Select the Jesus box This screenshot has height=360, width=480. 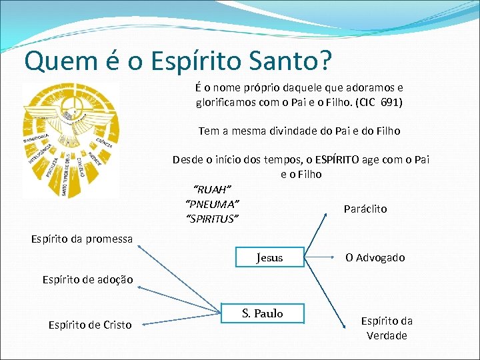coord(269,257)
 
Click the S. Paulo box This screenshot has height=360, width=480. coord(262,313)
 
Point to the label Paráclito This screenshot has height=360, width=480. coord(365,209)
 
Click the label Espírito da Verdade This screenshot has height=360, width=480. coord(387,328)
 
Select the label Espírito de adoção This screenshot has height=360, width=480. coord(78,279)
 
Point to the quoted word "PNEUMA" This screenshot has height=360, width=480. coord(211,203)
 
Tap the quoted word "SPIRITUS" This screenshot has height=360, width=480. coord(211,218)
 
